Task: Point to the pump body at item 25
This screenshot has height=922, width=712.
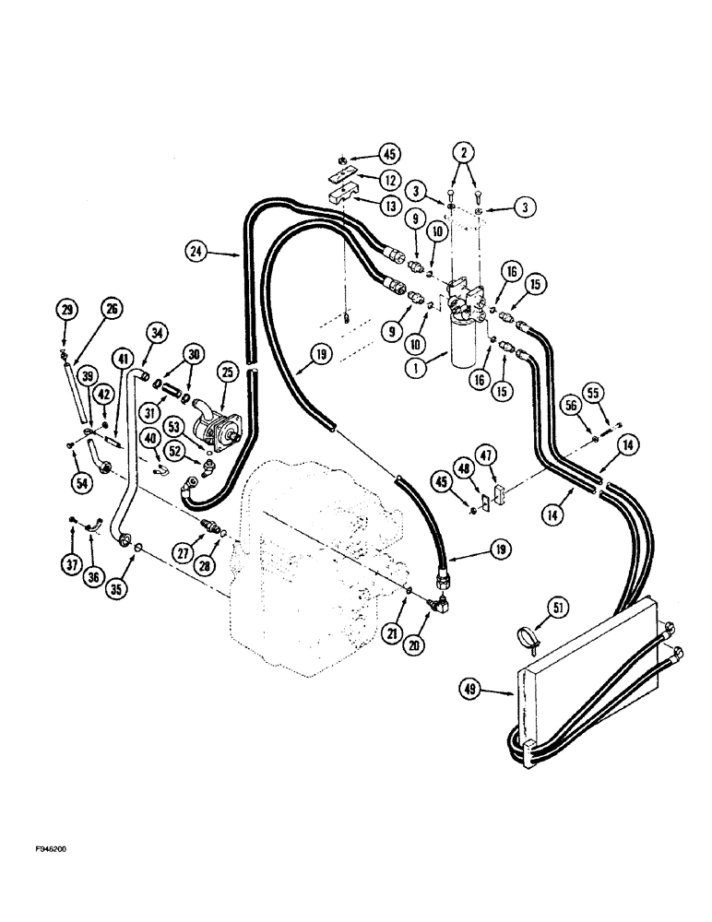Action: tap(216, 428)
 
